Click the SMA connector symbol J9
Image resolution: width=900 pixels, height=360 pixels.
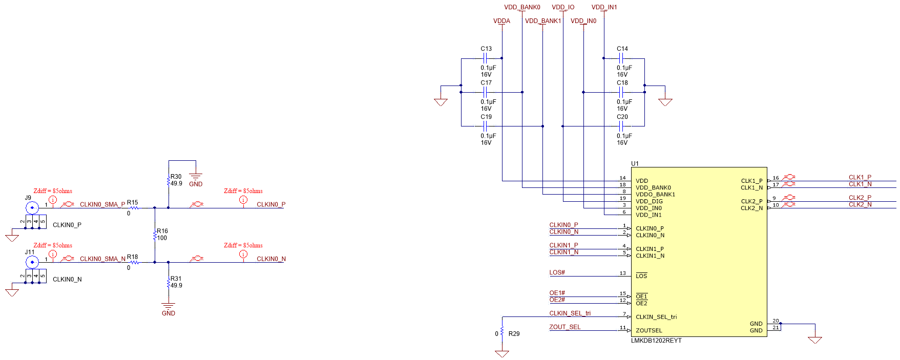point(32,207)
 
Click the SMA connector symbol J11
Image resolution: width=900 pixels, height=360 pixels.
point(32,262)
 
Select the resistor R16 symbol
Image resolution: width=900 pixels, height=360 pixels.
point(155,235)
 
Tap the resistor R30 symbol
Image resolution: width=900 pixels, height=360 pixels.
point(169,181)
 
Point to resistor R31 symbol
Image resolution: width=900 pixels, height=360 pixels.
point(169,283)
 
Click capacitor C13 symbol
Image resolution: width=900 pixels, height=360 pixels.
point(485,58)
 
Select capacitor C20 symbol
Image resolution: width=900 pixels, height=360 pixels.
point(621,126)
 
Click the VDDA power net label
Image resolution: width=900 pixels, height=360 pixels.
point(501,21)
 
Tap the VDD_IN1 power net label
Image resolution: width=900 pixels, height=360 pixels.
point(604,7)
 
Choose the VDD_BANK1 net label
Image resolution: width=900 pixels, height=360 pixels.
point(542,21)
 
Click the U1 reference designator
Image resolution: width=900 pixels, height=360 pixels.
point(635,163)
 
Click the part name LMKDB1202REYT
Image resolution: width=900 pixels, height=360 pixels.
point(656,341)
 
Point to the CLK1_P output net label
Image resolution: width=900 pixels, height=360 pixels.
point(860,177)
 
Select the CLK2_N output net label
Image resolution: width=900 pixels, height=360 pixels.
point(860,204)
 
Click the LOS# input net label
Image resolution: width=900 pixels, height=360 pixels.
point(557,272)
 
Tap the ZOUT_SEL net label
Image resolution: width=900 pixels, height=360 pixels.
point(564,327)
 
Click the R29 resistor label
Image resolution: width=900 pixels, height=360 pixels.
point(514,333)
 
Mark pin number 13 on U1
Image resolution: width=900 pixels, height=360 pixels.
point(622,273)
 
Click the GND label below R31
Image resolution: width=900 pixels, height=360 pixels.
point(169,313)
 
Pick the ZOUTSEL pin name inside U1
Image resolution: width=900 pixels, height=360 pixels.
point(648,330)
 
